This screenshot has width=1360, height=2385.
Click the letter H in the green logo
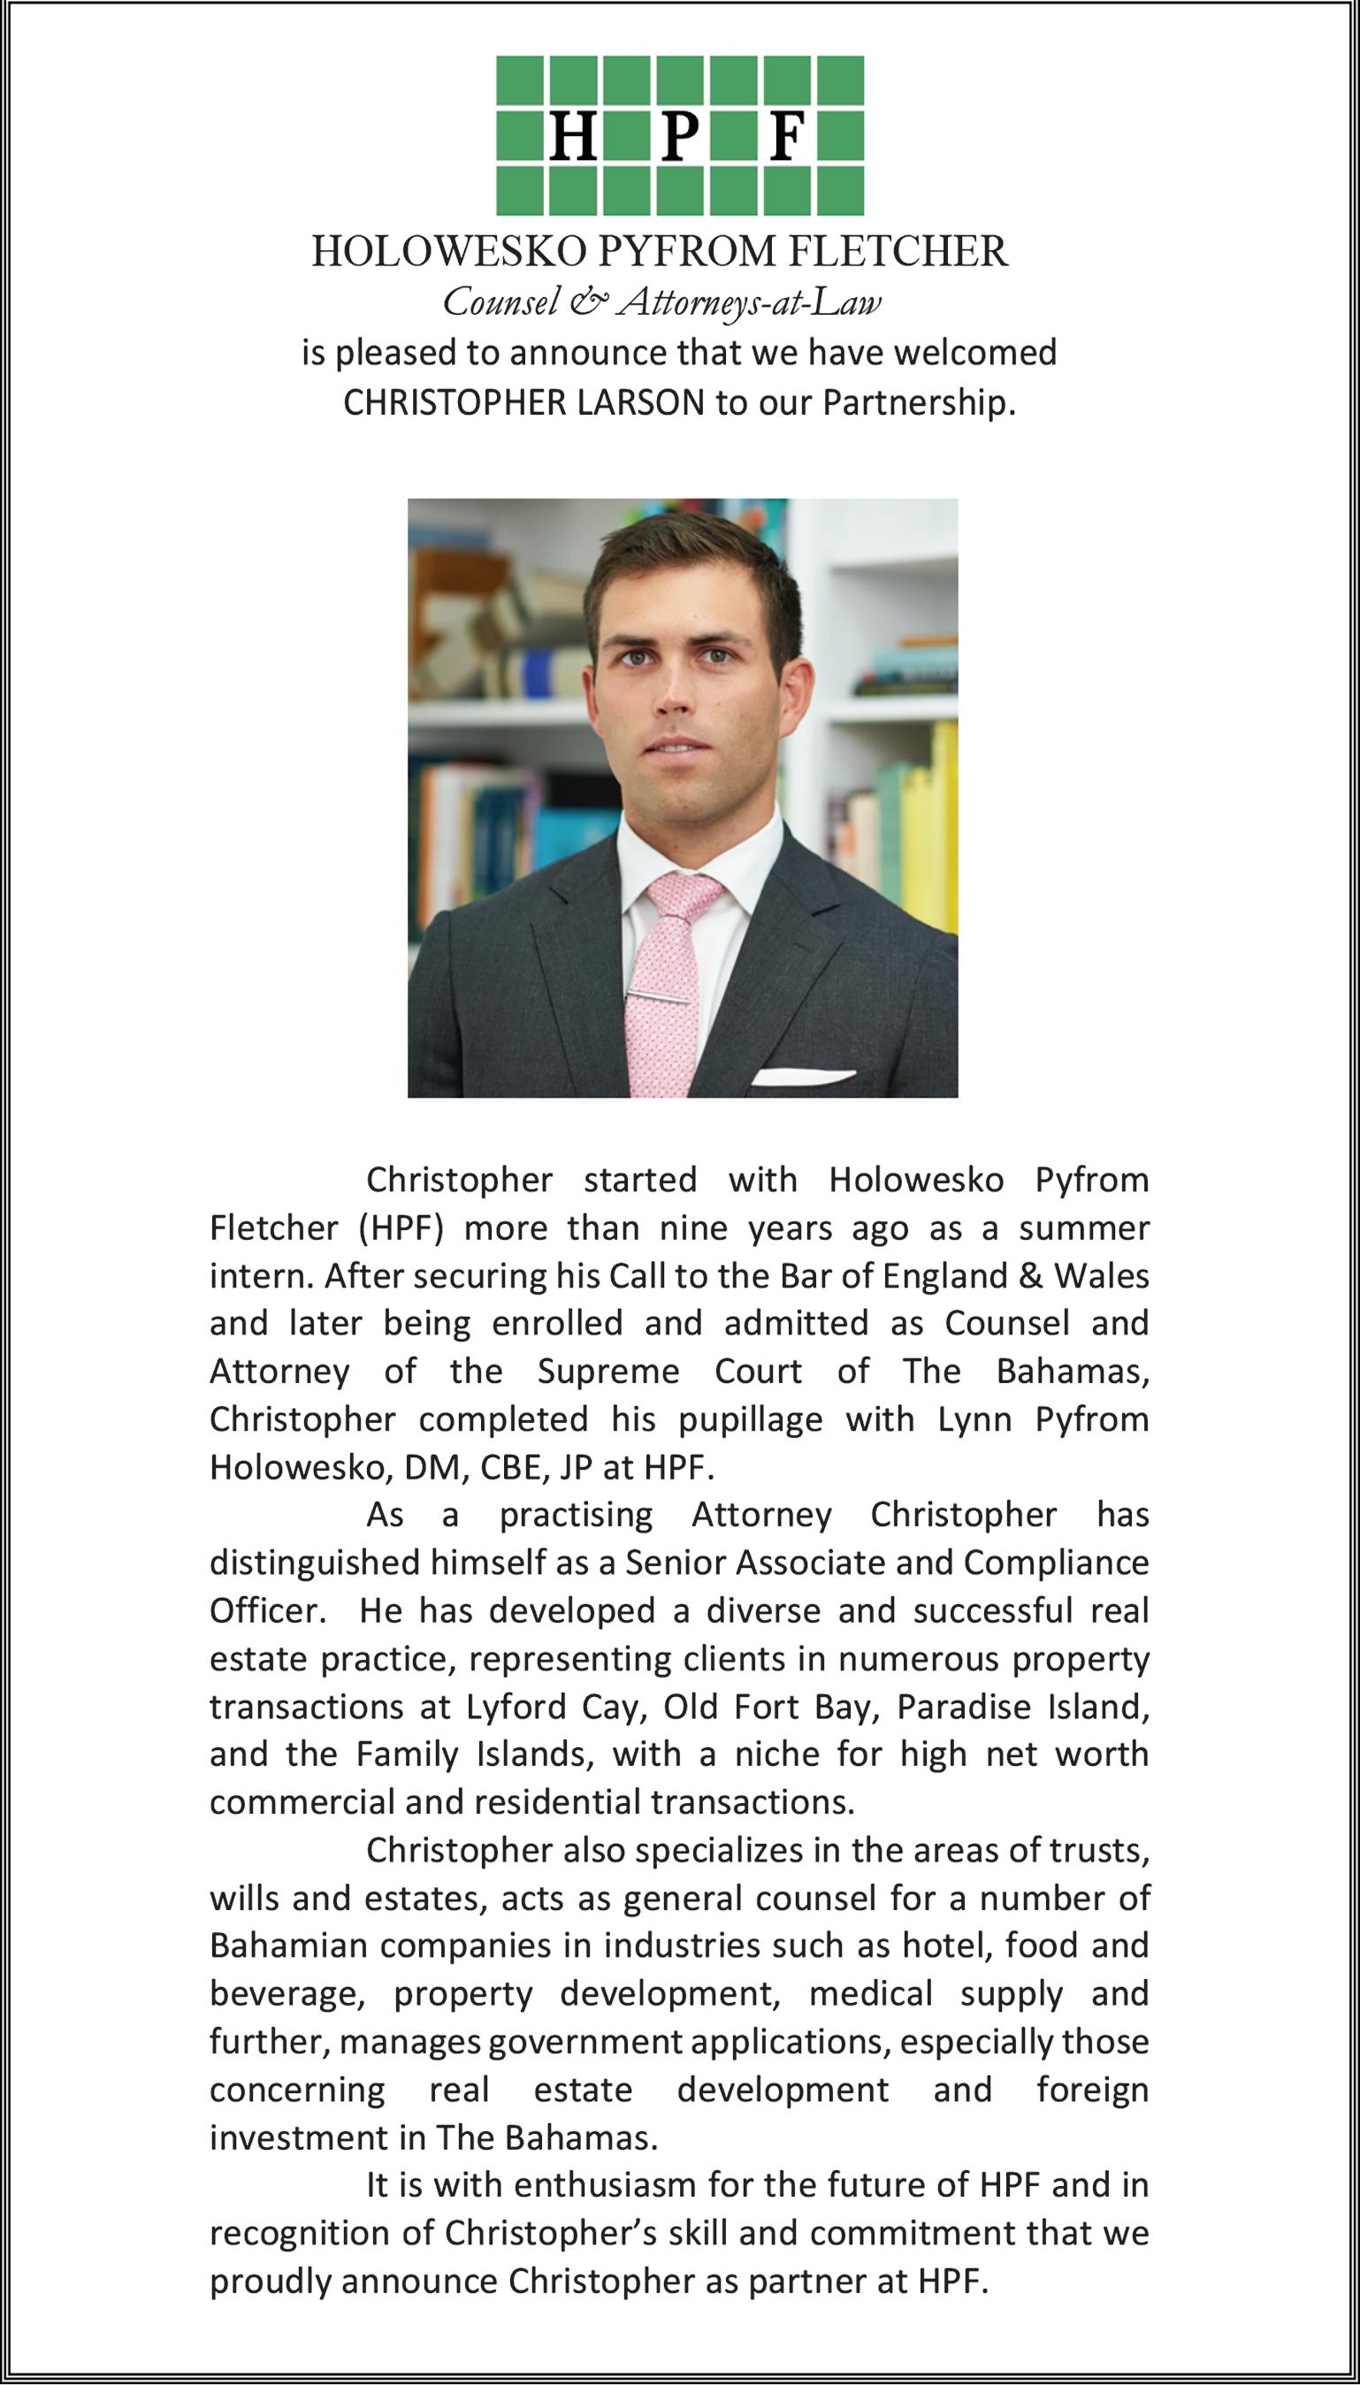[574, 137]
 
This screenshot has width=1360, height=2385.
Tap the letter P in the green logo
[680, 137]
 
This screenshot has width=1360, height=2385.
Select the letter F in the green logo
[787, 137]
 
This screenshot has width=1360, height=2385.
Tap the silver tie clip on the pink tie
[661, 997]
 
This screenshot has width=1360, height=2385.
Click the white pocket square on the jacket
[801, 1077]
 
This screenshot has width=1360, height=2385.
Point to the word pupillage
[750, 1419]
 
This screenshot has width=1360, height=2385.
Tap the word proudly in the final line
[271, 2282]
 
